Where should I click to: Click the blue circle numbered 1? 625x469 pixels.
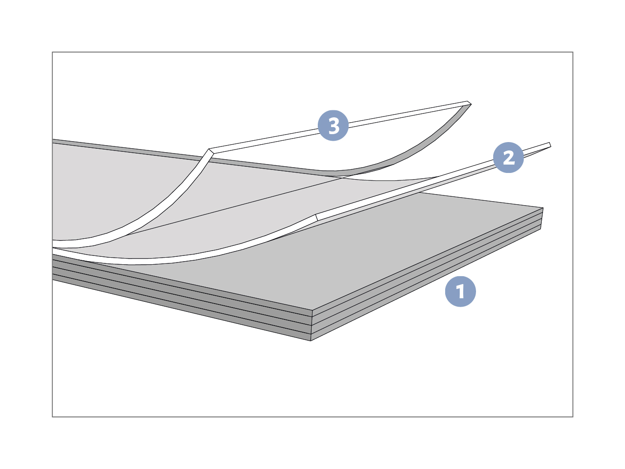(460, 292)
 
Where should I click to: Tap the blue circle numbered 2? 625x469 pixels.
(508, 157)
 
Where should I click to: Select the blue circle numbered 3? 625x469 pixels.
(333, 125)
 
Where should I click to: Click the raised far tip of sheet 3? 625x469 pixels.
(469, 103)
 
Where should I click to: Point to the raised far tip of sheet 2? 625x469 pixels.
(550, 145)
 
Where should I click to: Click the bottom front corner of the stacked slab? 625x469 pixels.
(311, 341)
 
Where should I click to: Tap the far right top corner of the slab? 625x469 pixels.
(543, 208)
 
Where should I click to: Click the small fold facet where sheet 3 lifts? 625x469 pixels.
(211, 151)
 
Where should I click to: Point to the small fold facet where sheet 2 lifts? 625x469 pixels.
(316, 218)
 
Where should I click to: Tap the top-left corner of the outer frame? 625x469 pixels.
(52, 52)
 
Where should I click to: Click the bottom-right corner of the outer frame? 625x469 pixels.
(573, 417)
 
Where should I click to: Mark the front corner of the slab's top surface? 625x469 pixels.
(312, 310)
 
